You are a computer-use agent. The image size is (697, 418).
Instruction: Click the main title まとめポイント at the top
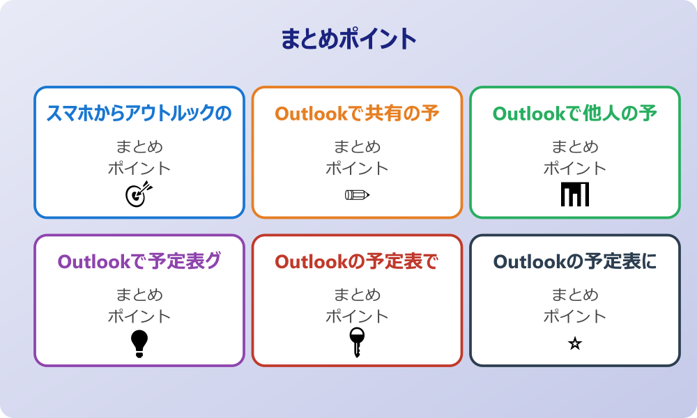(348, 39)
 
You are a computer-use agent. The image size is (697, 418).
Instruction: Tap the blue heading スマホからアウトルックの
(139, 114)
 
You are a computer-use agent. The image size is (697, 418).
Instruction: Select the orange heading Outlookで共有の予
(357, 114)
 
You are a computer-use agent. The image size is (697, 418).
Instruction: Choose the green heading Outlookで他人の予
(575, 114)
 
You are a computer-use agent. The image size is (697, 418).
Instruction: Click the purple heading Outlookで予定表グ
(139, 262)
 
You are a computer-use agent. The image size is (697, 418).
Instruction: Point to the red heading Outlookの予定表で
(357, 262)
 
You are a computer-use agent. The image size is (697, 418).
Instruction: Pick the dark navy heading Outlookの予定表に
(575, 262)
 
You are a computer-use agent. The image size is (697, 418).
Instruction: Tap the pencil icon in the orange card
(357, 194)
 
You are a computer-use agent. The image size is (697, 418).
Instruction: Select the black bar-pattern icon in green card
(575, 194)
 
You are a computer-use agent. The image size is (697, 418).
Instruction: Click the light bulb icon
(139, 343)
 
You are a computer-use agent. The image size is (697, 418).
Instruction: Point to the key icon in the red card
(357, 342)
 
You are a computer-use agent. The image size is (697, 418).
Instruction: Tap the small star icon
(575, 343)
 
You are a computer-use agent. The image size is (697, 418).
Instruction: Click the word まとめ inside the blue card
(139, 147)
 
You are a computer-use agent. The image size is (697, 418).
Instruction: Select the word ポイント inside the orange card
(357, 169)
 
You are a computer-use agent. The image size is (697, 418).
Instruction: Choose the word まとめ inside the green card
(575, 147)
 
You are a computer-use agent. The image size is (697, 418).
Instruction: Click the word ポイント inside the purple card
(139, 317)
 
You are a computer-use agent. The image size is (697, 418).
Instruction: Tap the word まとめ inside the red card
(357, 295)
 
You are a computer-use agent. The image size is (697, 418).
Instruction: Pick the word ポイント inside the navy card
(575, 317)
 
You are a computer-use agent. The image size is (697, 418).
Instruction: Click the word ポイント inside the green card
(575, 169)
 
